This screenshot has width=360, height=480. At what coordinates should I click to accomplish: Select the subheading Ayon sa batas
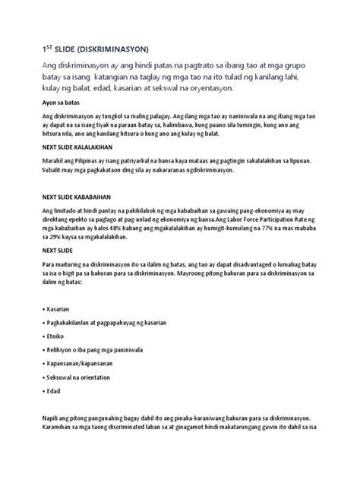[x=62, y=102]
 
